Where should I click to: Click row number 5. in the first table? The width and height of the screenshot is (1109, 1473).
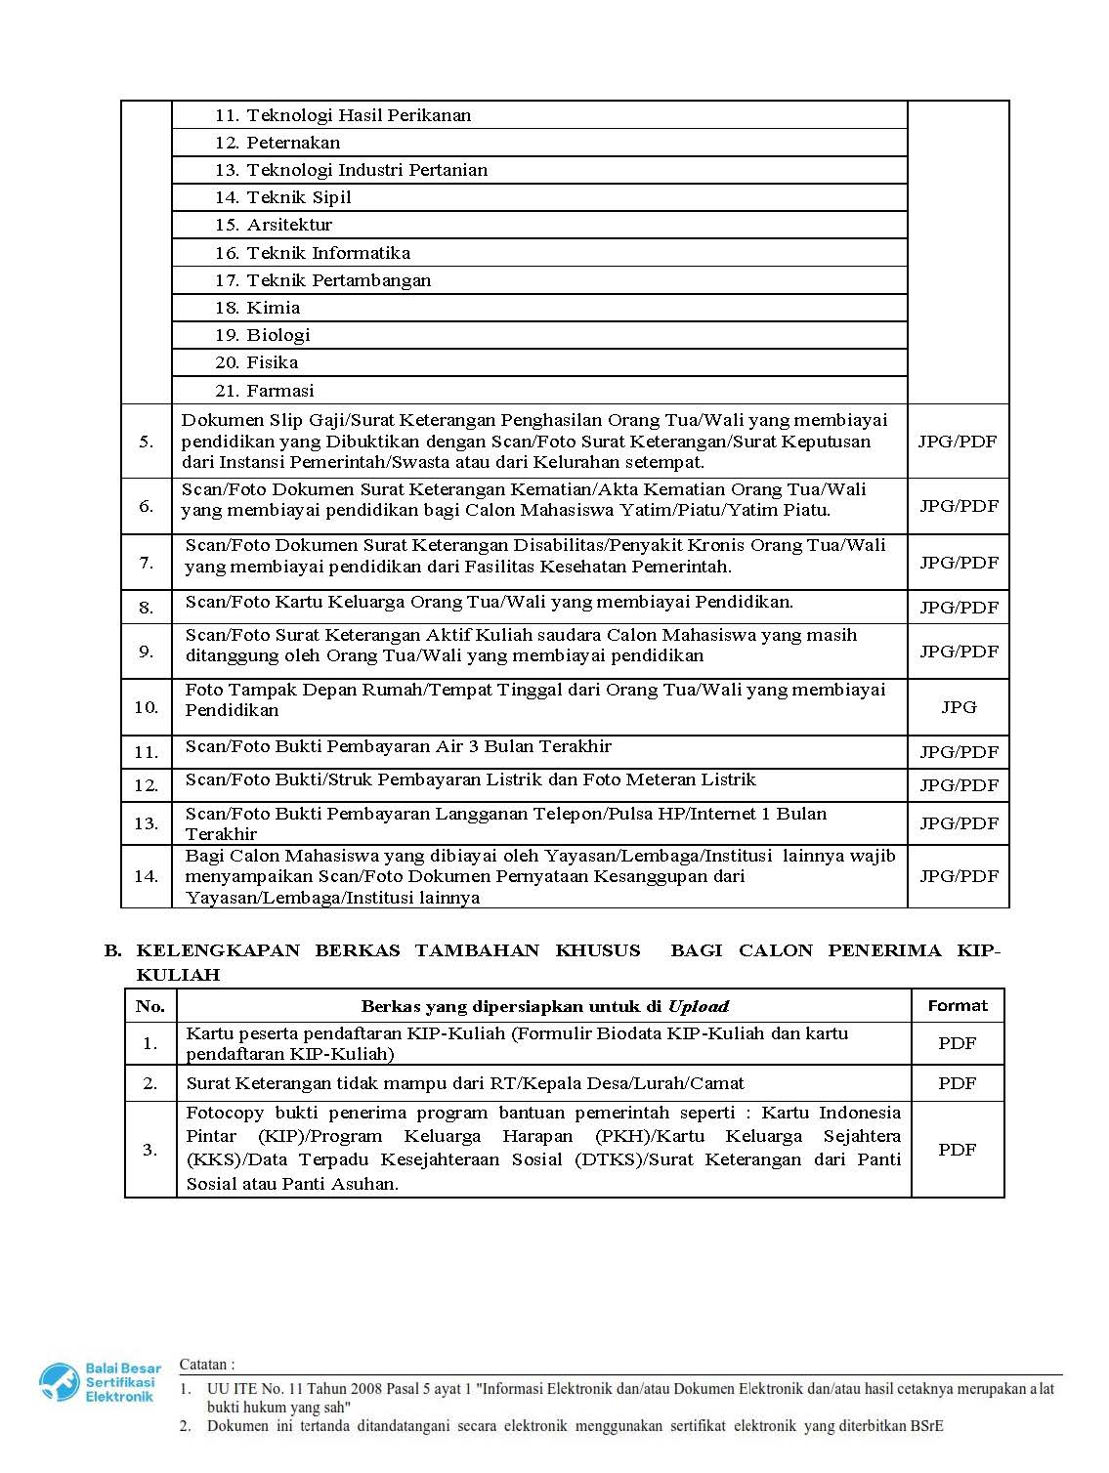[147, 442]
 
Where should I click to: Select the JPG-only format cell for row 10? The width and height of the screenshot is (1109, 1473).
[959, 707]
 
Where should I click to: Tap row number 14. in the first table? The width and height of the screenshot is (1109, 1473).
[147, 876]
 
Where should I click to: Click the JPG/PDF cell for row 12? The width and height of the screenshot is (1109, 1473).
[959, 785]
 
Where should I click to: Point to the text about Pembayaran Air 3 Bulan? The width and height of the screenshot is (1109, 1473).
[399, 747]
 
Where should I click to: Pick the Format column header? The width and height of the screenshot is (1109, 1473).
[958, 1005]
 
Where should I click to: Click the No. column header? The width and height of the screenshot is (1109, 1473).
[150, 1006]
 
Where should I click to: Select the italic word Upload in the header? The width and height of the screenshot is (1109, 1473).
[698, 1006]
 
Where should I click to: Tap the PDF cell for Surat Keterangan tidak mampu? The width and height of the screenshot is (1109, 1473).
[958, 1083]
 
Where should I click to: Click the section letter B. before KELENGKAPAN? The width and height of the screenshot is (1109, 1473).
[112, 950]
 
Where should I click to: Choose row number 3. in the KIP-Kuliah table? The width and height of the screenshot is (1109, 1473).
[150, 1150]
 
